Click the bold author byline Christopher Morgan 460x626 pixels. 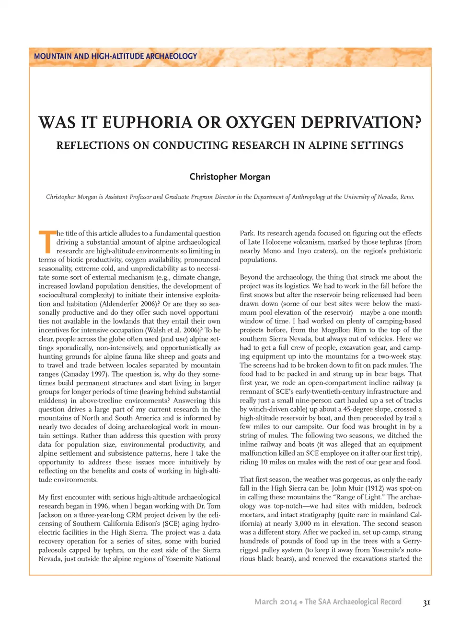click(x=230, y=177)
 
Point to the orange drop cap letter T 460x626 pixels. click(x=46, y=242)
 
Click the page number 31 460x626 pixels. click(x=426, y=602)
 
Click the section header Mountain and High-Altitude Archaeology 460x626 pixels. click(x=115, y=56)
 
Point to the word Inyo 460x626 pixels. click(x=304, y=251)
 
